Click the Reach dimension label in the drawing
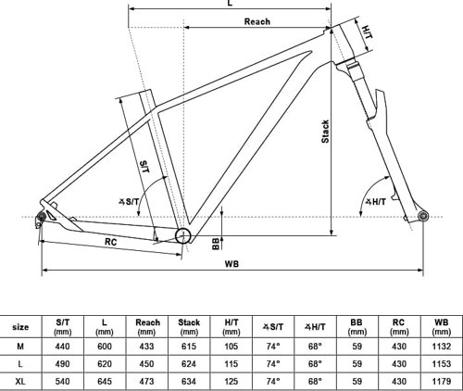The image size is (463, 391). pos(257,21)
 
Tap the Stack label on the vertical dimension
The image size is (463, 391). pos(325,132)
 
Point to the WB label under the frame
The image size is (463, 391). pos(231,264)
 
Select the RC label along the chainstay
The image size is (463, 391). pos(111,242)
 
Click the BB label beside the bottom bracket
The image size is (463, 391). pos(216,244)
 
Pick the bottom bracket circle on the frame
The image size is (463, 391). pos(183,236)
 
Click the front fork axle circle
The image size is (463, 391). pos(423,216)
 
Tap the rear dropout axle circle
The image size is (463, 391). pos(41,217)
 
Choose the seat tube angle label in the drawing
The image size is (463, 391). pos(129,202)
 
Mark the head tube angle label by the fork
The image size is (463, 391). pos(376,202)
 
